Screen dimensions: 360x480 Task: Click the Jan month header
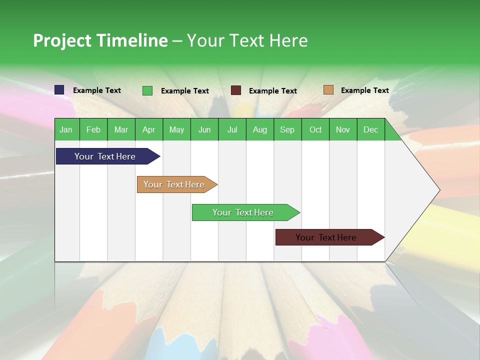(66, 129)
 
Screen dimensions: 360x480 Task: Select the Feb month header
(93, 129)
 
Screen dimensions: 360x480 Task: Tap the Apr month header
(149, 129)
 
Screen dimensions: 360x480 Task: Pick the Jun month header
(204, 129)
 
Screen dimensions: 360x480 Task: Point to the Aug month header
(260, 129)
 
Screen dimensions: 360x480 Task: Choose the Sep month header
(287, 129)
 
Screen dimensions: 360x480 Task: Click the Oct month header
(315, 129)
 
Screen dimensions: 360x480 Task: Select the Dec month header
(371, 129)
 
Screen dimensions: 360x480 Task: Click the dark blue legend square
(59, 90)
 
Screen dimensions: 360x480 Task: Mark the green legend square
(147, 90)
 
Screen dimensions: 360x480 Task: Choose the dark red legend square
(236, 90)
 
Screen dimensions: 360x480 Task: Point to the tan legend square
(328, 90)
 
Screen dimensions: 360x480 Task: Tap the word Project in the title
(62, 40)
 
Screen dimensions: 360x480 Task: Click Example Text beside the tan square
(364, 90)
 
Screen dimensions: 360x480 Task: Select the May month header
(176, 129)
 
